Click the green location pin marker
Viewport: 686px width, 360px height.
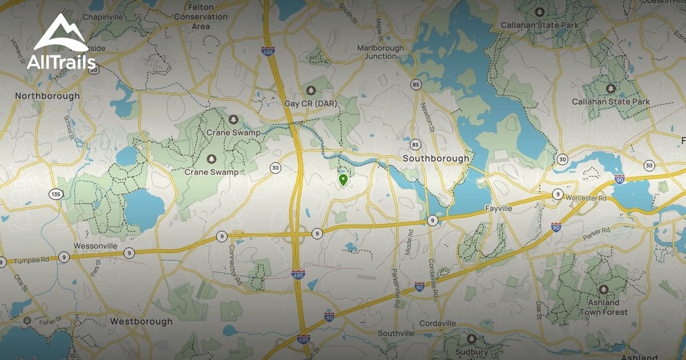343,180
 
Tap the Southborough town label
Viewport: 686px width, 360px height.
436,158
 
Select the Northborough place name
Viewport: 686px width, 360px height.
47,96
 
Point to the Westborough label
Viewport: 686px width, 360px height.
141,321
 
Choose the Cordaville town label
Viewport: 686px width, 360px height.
438,323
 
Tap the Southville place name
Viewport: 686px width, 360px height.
396,333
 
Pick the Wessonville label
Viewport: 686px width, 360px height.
95,246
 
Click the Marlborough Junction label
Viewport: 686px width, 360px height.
381,52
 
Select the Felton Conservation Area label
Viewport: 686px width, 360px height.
201,17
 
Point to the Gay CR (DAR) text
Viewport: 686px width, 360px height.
311,103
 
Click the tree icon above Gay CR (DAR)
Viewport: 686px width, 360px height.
311,90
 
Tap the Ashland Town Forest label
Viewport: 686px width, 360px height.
603,307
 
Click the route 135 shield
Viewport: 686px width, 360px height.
55,194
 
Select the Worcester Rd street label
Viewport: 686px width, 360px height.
585,198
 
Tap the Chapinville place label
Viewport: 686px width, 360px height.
102,17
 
